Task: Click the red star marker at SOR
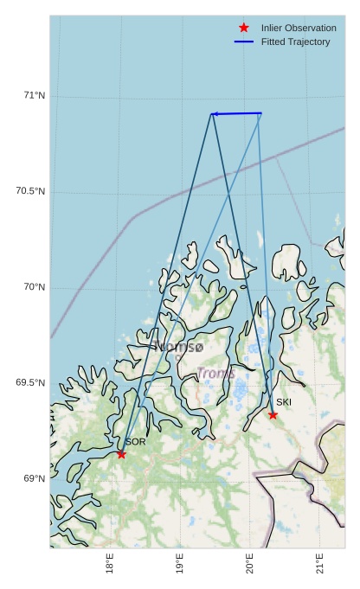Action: tap(121, 454)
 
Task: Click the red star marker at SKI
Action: tap(273, 414)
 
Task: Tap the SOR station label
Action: tap(135, 442)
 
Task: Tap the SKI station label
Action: tap(284, 402)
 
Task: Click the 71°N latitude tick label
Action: tap(34, 95)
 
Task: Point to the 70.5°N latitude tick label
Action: tap(30, 191)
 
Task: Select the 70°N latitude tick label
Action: tap(34, 287)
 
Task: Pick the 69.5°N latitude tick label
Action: tap(30, 383)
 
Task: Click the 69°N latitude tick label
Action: tap(34, 479)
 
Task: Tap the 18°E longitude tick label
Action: tap(110, 564)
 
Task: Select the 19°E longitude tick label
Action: tap(180, 564)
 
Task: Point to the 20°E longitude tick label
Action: tap(250, 564)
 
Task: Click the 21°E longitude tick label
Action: tap(320, 564)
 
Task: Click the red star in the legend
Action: tap(243, 28)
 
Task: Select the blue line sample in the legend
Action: tap(243, 42)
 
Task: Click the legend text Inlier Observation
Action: tap(299, 28)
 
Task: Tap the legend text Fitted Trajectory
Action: tap(295, 42)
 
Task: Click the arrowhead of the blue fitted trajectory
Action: tap(214, 114)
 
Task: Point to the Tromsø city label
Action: tap(177, 347)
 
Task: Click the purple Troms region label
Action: tap(215, 373)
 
